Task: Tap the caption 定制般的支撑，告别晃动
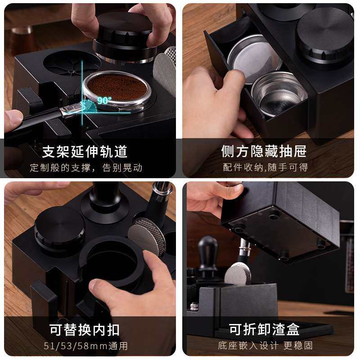pyautogui.click(x=86, y=168)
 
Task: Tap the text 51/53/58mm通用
pyautogui.click(x=86, y=346)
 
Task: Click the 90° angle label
pyautogui.click(x=104, y=101)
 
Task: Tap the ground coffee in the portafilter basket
pyautogui.click(x=117, y=87)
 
